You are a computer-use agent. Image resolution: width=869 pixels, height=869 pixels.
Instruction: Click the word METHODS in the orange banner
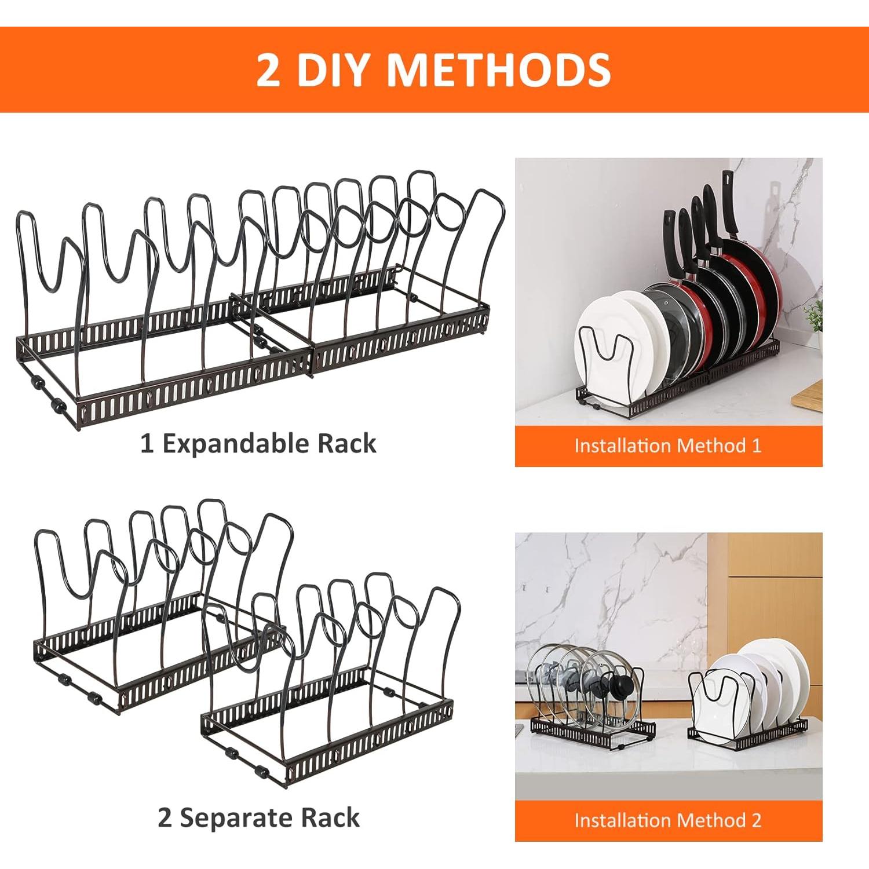(498, 70)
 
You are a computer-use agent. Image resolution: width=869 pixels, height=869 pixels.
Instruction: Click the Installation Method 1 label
(668, 446)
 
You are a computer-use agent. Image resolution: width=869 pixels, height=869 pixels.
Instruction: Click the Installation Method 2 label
(668, 820)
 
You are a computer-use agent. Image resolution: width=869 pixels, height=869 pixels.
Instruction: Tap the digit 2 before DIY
(269, 70)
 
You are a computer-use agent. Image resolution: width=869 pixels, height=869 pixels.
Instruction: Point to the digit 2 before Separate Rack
(165, 819)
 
